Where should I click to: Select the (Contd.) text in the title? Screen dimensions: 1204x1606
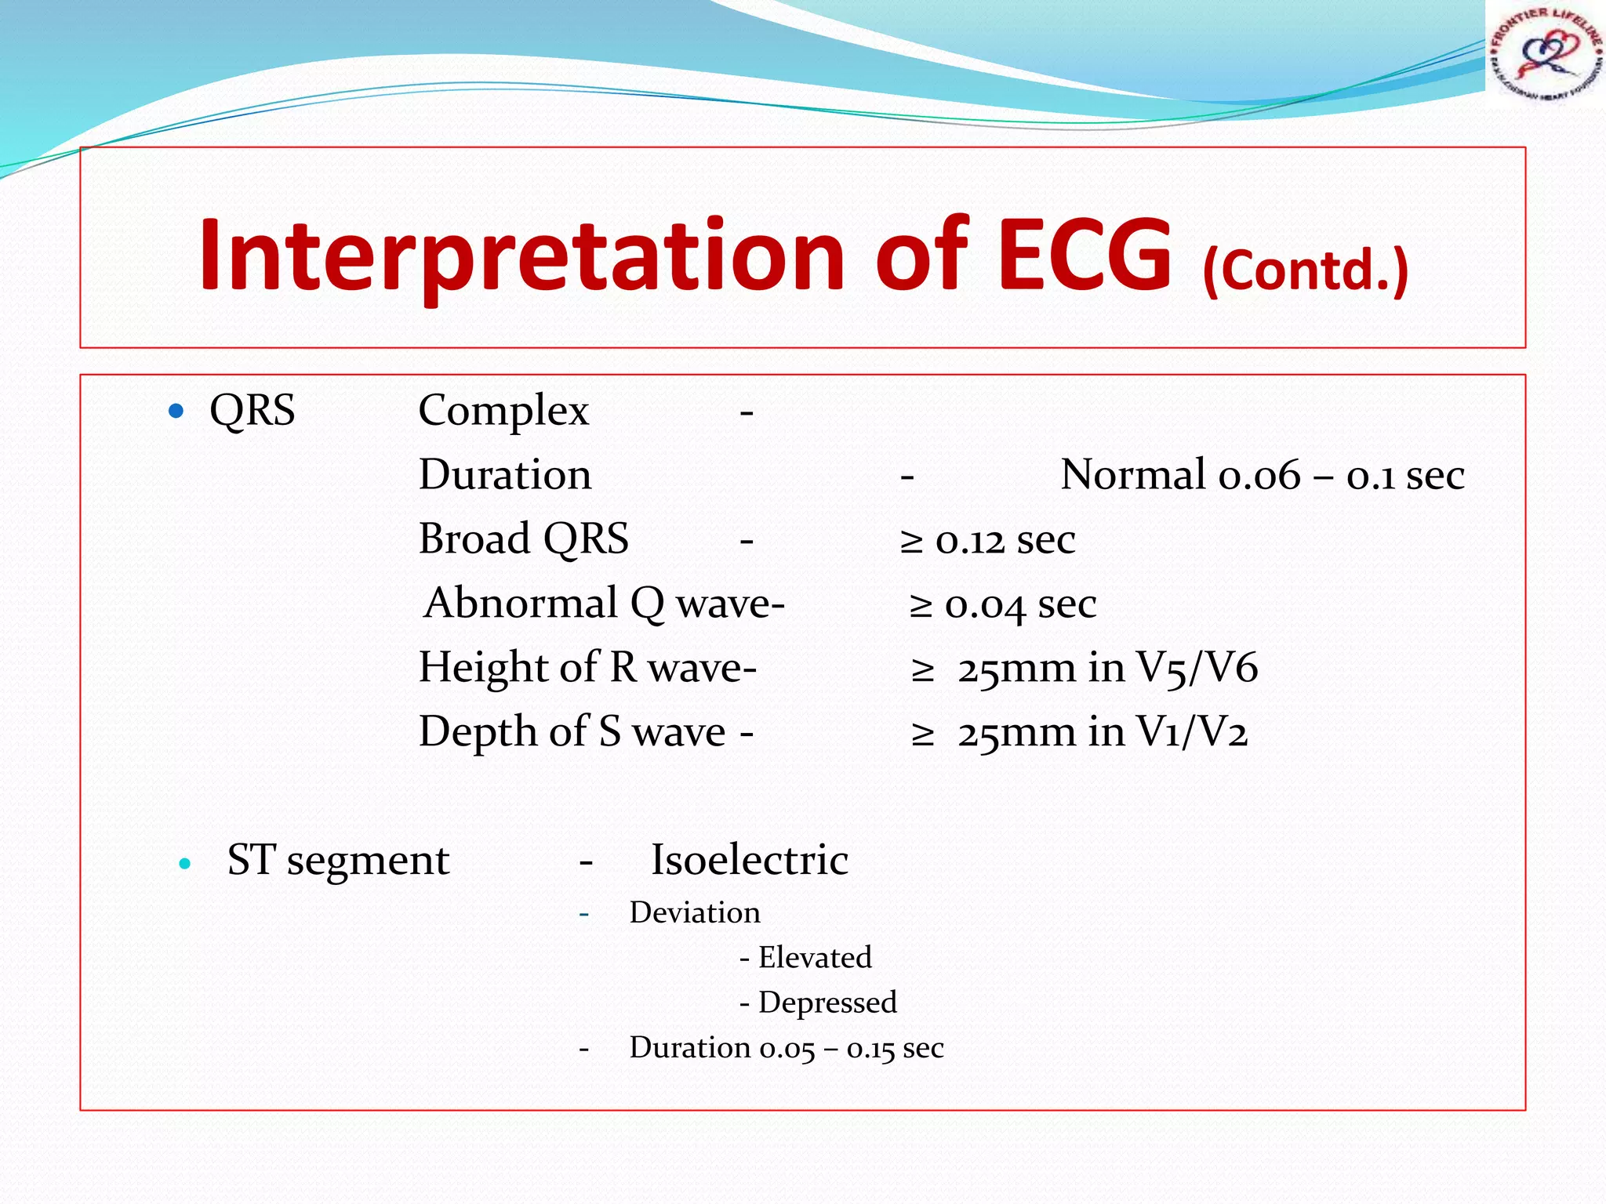(1306, 270)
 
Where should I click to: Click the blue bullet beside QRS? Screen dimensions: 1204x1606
(176, 411)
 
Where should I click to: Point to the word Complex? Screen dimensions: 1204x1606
(503, 411)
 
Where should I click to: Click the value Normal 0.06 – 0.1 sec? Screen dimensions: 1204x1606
(1262, 475)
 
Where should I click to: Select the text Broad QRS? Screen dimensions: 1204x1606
(523, 539)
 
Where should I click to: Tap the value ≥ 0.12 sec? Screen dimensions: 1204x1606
(987, 540)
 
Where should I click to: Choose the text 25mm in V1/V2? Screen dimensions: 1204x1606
(1102, 733)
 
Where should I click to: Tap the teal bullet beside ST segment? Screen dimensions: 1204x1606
(185, 864)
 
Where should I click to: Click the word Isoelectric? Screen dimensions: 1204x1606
(749, 860)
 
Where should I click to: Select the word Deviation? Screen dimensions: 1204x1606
(694, 912)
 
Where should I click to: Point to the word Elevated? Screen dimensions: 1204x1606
(814, 957)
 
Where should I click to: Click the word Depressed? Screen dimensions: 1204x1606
(827, 1003)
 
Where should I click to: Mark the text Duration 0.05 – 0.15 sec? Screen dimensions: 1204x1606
(786, 1048)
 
